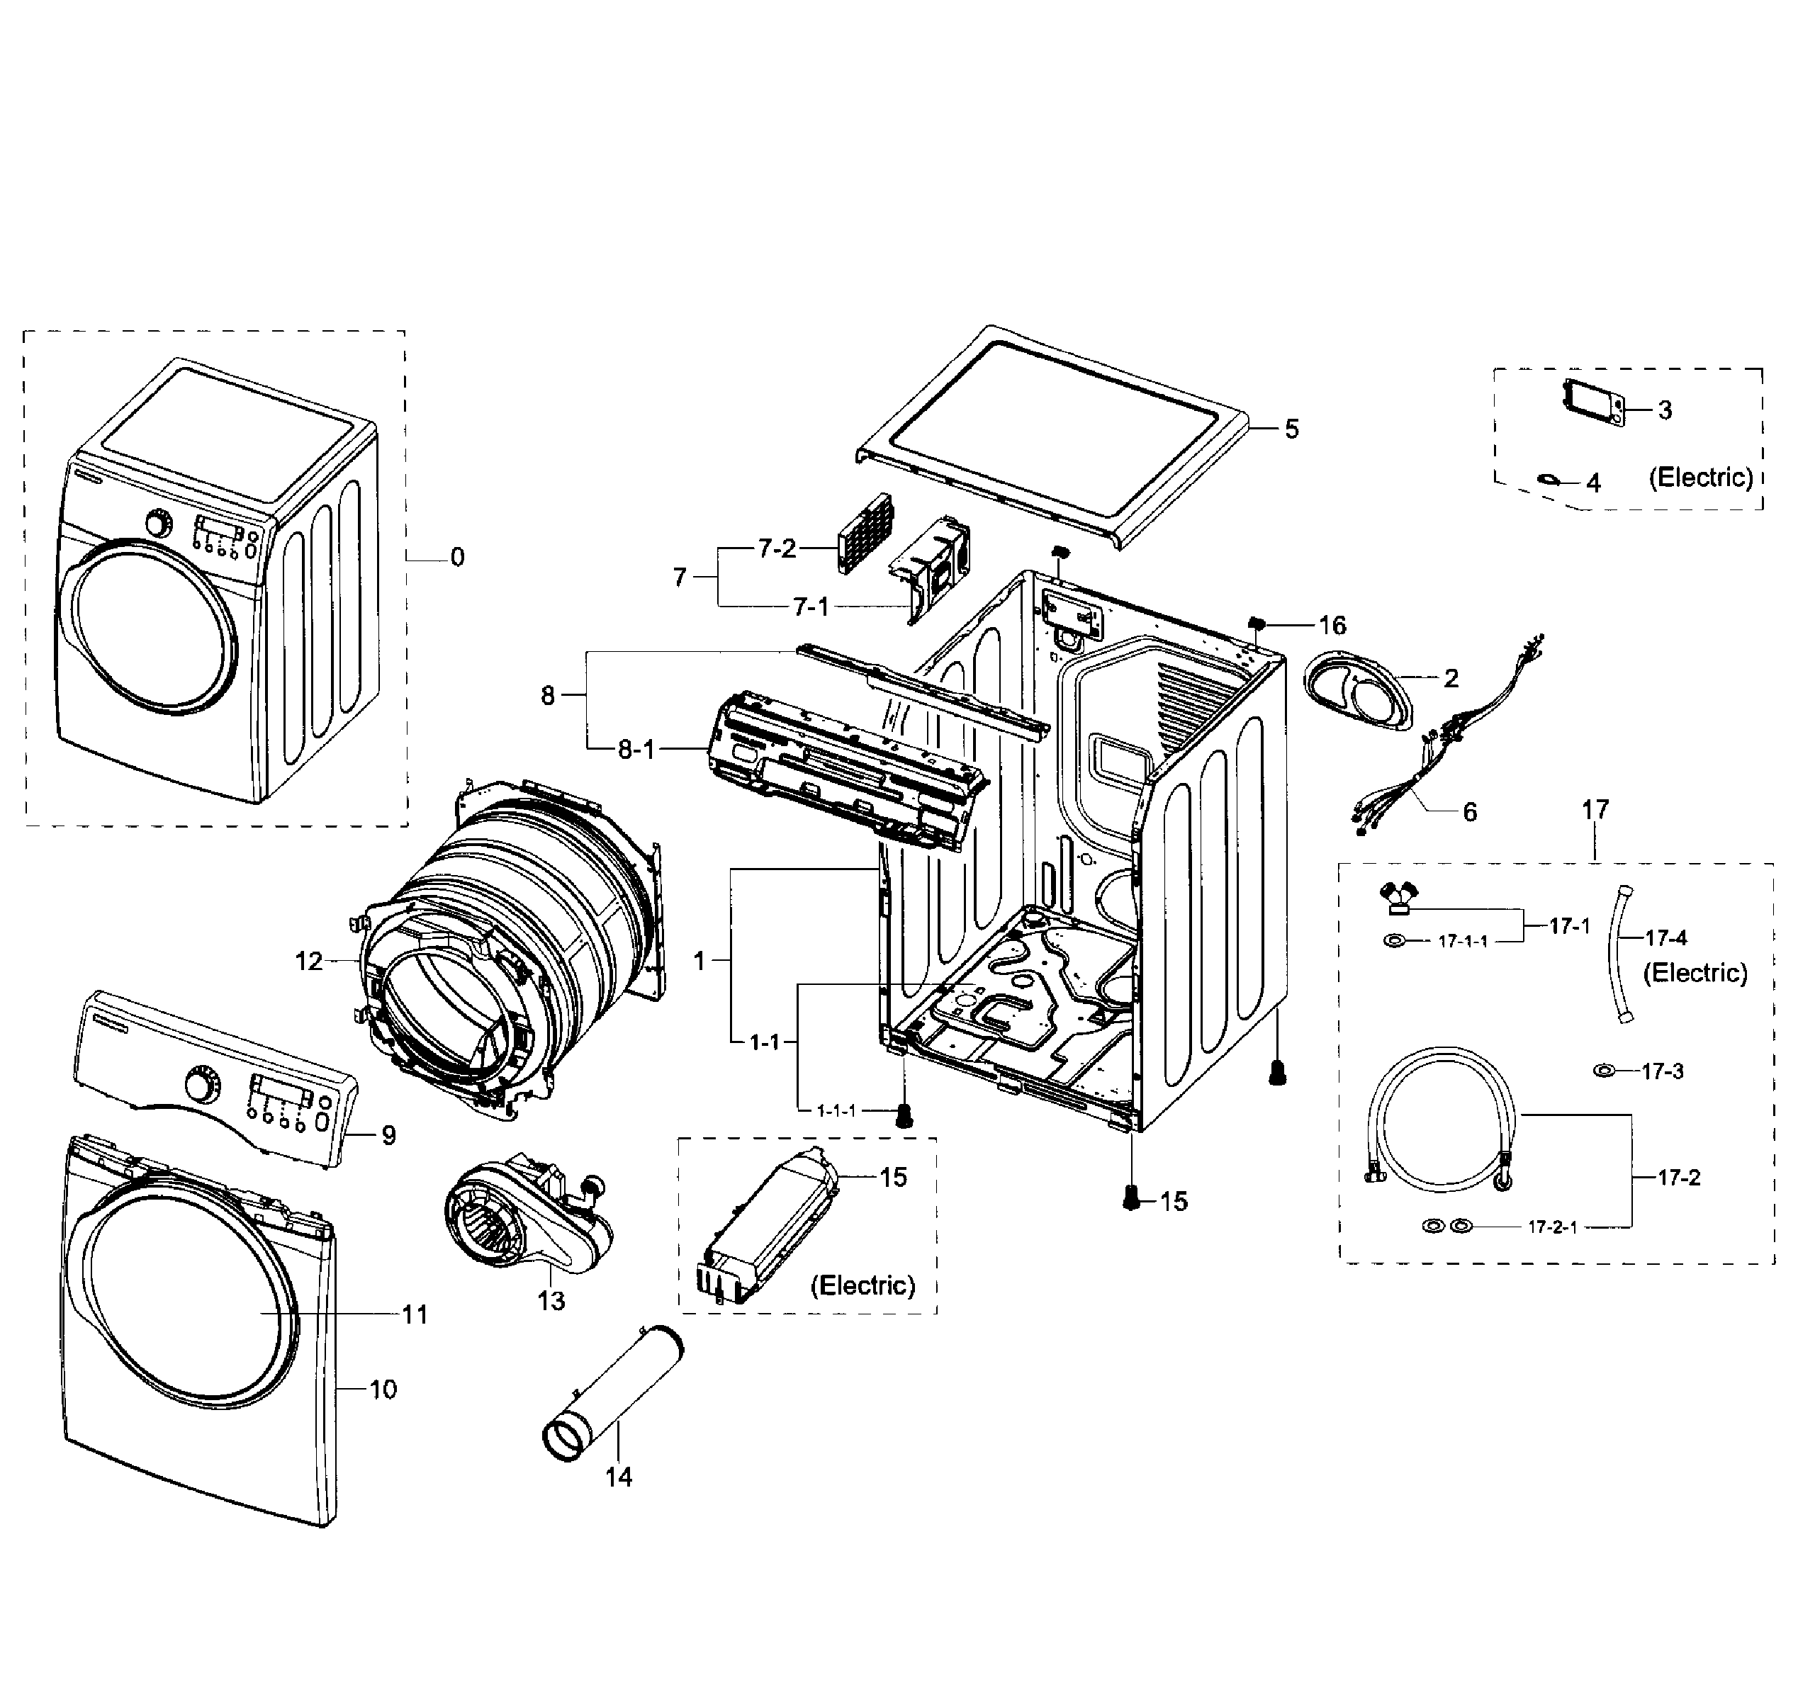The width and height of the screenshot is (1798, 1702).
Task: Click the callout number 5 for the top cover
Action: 1291,429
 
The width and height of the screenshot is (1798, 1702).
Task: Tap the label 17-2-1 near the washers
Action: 1552,1227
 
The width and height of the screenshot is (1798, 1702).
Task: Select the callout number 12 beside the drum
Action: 308,961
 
